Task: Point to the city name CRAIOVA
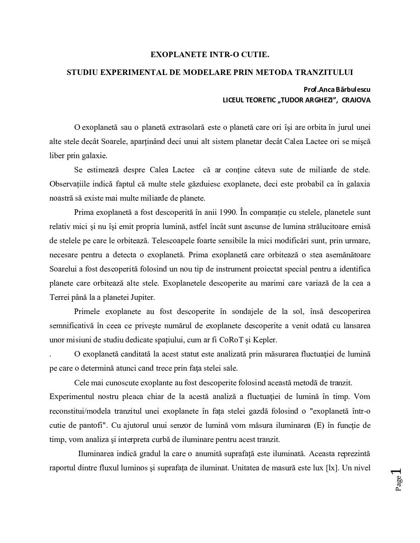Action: [356, 100]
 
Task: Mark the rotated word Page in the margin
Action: [398, 484]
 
